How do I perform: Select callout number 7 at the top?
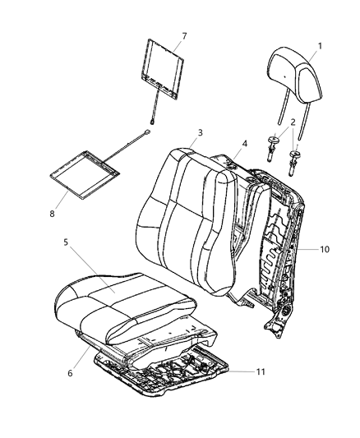click(x=184, y=35)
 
